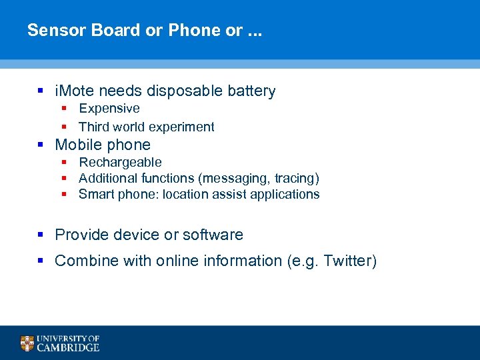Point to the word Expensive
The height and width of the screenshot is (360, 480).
[109, 109]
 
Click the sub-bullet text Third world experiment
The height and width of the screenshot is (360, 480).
[146, 127]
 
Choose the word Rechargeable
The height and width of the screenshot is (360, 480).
[120, 163]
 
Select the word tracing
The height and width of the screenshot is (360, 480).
[295, 179]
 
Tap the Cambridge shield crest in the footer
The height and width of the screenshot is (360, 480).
[27, 343]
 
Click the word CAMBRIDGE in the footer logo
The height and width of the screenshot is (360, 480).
[68, 347]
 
